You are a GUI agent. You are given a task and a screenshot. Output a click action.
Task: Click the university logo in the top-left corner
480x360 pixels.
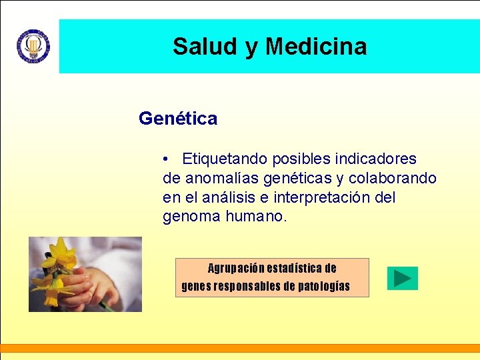(x=33, y=46)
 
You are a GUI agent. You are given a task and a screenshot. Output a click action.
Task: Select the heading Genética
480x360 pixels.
(x=178, y=119)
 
